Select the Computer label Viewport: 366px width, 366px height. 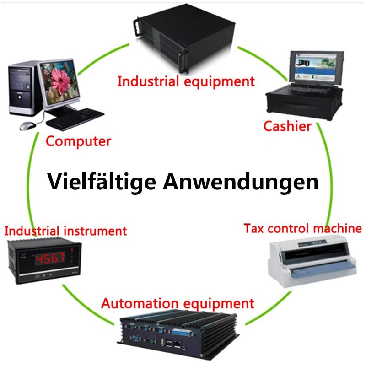(78, 141)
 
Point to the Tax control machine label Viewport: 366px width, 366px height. (302, 228)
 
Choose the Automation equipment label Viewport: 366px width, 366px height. (178, 303)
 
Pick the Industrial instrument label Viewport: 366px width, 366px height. (65, 230)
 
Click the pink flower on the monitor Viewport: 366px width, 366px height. (59, 82)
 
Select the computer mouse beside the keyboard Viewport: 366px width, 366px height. (27, 125)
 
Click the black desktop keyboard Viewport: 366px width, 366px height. (75, 118)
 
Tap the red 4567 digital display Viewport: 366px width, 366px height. (50, 259)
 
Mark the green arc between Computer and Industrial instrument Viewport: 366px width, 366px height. (32, 183)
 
